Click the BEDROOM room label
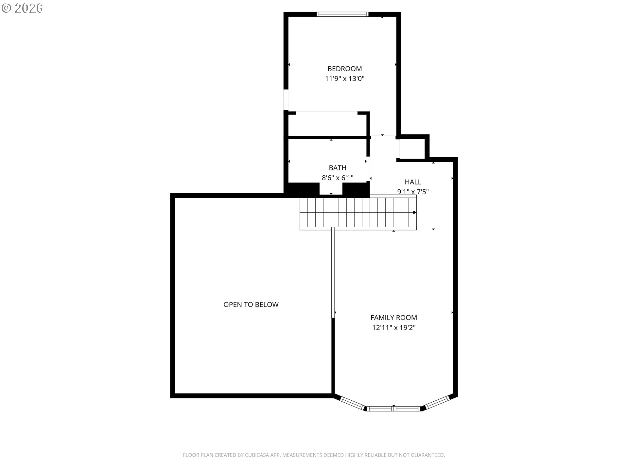point(344,69)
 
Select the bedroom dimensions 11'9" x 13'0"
point(344,79)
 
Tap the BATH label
point(338,168)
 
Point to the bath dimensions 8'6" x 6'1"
point(338,178)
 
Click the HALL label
point(413,182)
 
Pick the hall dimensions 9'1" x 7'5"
point(413,192)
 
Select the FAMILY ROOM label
point(393,317)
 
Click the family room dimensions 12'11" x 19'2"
point(393,327)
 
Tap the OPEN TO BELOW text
point(251,305)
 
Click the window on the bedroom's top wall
point(342,14)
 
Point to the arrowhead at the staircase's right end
point(415,213)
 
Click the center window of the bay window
point(394,409)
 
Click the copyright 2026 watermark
point(22,8)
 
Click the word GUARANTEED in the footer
point(428,455)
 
